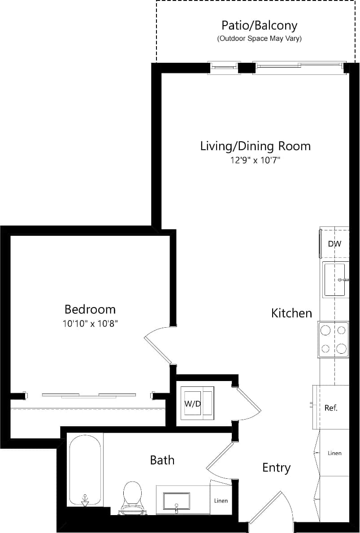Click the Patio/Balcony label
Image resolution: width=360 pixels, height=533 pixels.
pos(259,25)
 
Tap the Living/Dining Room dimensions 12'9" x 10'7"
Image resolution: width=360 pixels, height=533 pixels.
pos(255,160)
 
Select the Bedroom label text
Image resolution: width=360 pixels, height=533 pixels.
pos(90,309)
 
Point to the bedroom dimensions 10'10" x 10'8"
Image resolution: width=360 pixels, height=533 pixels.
pos(90,323)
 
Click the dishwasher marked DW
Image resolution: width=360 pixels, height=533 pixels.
pos(334,244)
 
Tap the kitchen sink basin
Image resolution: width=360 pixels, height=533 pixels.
pos(335,280)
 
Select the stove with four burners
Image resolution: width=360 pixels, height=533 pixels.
pos(334,340)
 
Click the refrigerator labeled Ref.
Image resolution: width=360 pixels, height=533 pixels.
pos(331,408)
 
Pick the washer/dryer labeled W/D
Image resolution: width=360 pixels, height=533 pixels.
pos(197,403)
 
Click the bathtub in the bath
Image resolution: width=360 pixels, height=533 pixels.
pos(85,471)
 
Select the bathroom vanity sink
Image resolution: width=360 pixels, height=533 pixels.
pos(176,501)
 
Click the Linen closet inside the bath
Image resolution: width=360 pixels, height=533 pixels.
pos(221,500)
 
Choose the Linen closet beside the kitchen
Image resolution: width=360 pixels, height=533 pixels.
pos(334,453)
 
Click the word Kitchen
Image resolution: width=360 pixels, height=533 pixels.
pos(291,313)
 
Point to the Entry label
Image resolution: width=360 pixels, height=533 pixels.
pos(276,468)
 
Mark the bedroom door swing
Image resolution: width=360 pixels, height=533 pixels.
pos(158,344)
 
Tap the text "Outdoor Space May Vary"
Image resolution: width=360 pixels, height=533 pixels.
pos(259,39)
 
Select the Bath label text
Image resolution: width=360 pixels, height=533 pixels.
pos(162,460)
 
